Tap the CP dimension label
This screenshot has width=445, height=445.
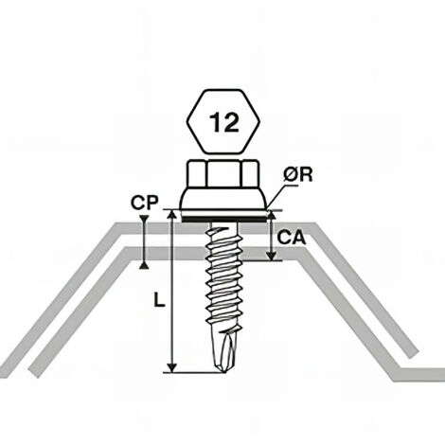(144, 202)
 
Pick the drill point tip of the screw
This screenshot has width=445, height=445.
(224, 365)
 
